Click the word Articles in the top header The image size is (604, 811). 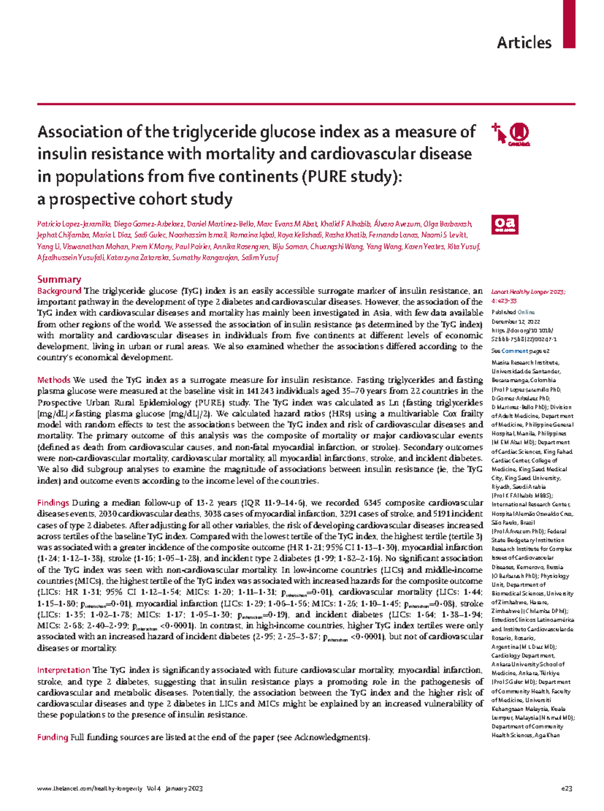click(x=524, y=43)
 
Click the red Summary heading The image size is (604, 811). click(x=59, y=279)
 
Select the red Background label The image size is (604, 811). click(x=59, y=291)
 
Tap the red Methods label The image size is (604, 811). click(x=53, y=380)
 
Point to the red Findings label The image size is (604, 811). click(x=53, y=502)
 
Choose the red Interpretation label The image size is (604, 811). click(x=63, y=670)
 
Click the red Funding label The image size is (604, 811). click(x=52, y=738)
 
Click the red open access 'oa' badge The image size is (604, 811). click(x=504, y=225)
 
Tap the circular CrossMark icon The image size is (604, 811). click(x=519, y=133)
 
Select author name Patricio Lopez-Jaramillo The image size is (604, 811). click(x=74, y=224)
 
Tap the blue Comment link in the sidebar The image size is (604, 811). click(x=514, y=351)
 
